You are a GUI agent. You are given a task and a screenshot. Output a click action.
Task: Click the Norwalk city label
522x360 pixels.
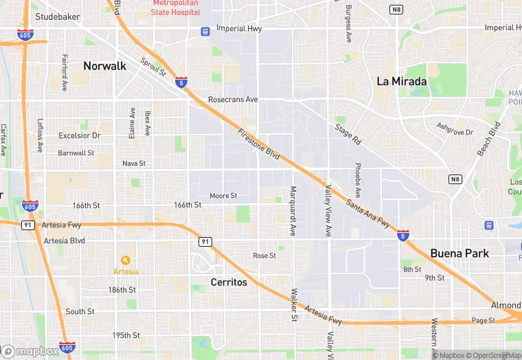point(105,66)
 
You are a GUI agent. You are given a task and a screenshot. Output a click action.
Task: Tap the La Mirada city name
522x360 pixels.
point(402,81)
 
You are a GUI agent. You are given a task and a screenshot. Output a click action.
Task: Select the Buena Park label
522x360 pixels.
point(459,253)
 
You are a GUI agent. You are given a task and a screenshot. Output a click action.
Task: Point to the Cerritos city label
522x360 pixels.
point(229,282)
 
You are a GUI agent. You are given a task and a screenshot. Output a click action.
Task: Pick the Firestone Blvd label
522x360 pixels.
point(259,145)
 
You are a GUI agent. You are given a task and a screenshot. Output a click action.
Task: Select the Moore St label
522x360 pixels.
point(223,196)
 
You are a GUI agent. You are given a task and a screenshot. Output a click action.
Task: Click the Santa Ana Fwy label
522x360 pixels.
point(368,213)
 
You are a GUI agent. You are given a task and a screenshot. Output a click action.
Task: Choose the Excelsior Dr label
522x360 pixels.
point(79,135)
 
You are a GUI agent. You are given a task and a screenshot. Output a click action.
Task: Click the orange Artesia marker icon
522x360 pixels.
point(125,260)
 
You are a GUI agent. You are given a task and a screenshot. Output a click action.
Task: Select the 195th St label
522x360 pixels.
point(126,335)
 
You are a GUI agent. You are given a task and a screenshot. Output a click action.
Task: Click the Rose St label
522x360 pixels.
point(264,256)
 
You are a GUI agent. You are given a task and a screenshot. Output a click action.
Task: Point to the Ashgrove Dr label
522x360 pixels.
point(455,128)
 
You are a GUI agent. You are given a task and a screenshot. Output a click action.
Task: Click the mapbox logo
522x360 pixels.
point(31,351)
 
